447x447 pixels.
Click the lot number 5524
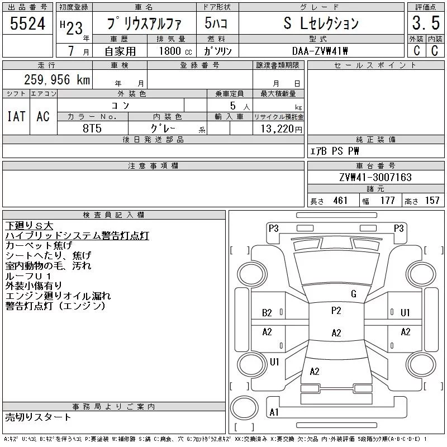[27, 23]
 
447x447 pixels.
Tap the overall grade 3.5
[426, 23]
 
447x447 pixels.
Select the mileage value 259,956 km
[57, 79]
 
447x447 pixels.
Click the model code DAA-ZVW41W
[320, 51]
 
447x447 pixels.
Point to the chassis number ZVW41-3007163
[375, 177]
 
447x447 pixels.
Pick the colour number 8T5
[92, 129]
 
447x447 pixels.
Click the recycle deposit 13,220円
[281, 129]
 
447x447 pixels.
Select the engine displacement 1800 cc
[175, 51]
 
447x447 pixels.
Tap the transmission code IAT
[16, 116]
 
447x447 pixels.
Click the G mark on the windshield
[354, 294]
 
